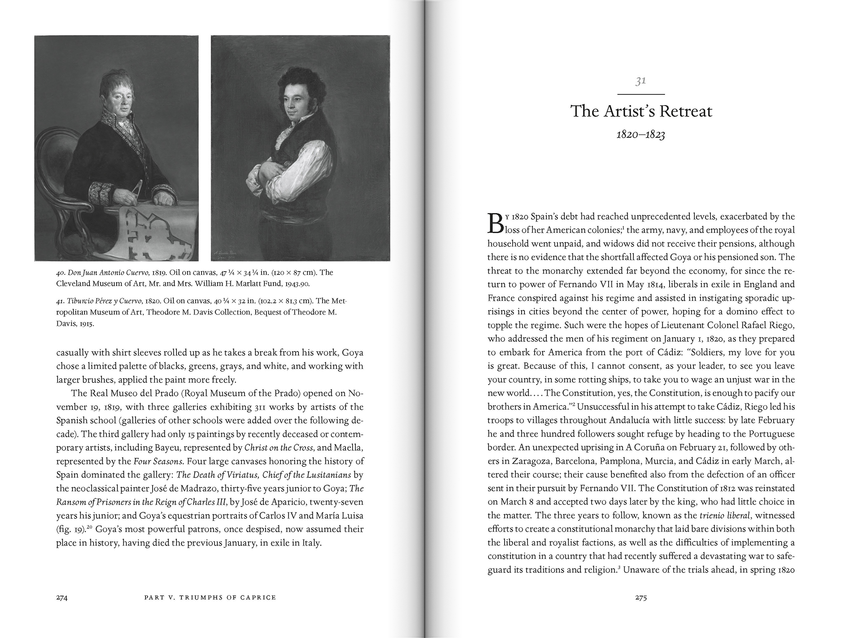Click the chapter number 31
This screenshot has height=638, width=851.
point(640,82)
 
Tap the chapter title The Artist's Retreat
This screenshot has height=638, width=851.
point(641,112)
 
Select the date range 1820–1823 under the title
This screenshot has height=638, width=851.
point(640,135)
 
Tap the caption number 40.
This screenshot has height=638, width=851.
point(60,272)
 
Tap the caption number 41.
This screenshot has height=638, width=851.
point(60,301)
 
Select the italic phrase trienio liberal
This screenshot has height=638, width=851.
point(727,516)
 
